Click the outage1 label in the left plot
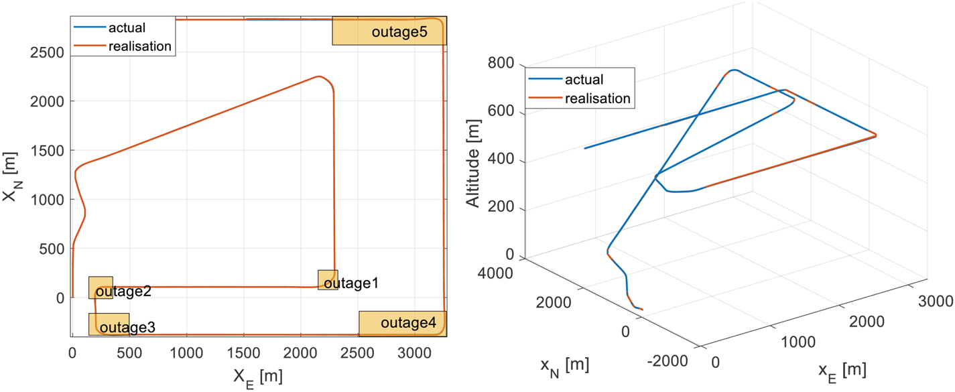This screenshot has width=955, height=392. (351, 283)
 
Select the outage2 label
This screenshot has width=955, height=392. (123, 292)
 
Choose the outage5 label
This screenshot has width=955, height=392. (399, 32)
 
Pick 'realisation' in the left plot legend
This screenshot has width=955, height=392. (140, 46)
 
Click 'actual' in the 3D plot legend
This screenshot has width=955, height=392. (584, 80)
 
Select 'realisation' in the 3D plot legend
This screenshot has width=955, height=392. (598, 99)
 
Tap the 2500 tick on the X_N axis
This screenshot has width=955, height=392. (48, 52)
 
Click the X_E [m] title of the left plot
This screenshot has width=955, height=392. (257, 377)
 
